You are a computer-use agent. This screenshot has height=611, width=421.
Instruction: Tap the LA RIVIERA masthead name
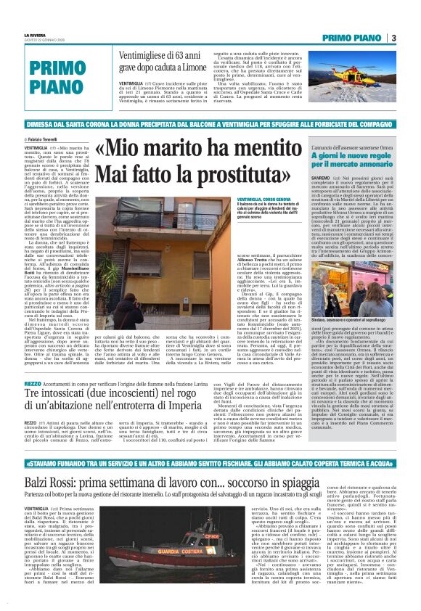pos(36,34)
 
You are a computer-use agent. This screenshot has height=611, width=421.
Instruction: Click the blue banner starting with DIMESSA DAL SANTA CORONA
pos(210,124)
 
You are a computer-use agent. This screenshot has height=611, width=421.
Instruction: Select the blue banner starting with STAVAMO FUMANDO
pos(210,462)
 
